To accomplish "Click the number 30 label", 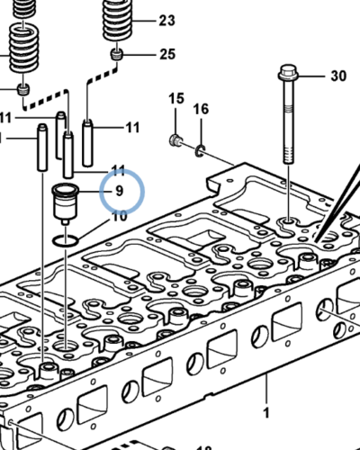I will (x=337, y=76).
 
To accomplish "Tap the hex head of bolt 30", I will (x=288, y=71).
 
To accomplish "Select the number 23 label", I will (x=167, y=20).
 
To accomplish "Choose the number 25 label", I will (x=167, y=55).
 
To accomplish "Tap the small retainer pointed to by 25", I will (x=116, y=58).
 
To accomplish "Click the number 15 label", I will (x=175, y=98).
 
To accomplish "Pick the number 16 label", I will (x=202, y=109).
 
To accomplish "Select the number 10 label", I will (x=118, y=216).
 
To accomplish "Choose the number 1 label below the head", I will (x=265, y=412).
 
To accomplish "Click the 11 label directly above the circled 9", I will (x=118, y=170).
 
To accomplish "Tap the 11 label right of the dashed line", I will (x=132, y=128).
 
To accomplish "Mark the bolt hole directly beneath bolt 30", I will (x=288, y=221).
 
